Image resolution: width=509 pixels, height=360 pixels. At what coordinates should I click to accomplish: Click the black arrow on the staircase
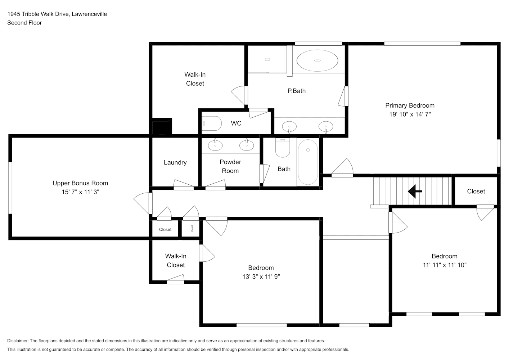[415, 192]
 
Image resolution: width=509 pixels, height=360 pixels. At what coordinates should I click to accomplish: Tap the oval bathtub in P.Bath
[317, 61]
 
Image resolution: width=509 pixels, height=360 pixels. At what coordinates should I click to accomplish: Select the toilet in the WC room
[212, 123]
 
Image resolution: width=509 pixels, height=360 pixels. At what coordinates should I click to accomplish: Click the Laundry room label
[175, 162]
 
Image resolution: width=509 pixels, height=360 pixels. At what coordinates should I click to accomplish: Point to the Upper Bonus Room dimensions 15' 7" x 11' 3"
[80, 192]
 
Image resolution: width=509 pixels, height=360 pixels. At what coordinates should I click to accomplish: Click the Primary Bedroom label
[410, 105]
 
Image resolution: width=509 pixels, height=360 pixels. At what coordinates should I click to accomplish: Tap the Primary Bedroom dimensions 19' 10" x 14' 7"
[410, 114]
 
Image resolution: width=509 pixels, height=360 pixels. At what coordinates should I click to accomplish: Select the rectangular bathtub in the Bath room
[308, 162]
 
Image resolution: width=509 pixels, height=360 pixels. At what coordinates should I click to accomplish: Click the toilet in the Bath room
[283, 148]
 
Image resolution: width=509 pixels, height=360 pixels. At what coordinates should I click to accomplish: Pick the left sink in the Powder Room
[215, 145]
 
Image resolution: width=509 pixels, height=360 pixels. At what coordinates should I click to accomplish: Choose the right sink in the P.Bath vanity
[326, 127]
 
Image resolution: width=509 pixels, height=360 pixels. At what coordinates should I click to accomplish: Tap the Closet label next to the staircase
[476, 192]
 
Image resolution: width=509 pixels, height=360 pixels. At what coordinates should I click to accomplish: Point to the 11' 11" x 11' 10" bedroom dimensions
[445, 265]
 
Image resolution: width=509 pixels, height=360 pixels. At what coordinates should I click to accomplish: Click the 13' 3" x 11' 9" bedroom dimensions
[261, 276]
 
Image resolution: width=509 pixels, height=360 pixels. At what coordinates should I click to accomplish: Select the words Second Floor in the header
[24, 23]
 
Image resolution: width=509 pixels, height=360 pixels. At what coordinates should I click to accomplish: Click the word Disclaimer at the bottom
[18, 341]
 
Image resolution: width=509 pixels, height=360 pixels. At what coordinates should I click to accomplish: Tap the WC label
[236, 123]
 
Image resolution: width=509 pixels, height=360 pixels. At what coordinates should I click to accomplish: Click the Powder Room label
[230, 166]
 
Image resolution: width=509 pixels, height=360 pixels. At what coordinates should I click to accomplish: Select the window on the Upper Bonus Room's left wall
[10, 188]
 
